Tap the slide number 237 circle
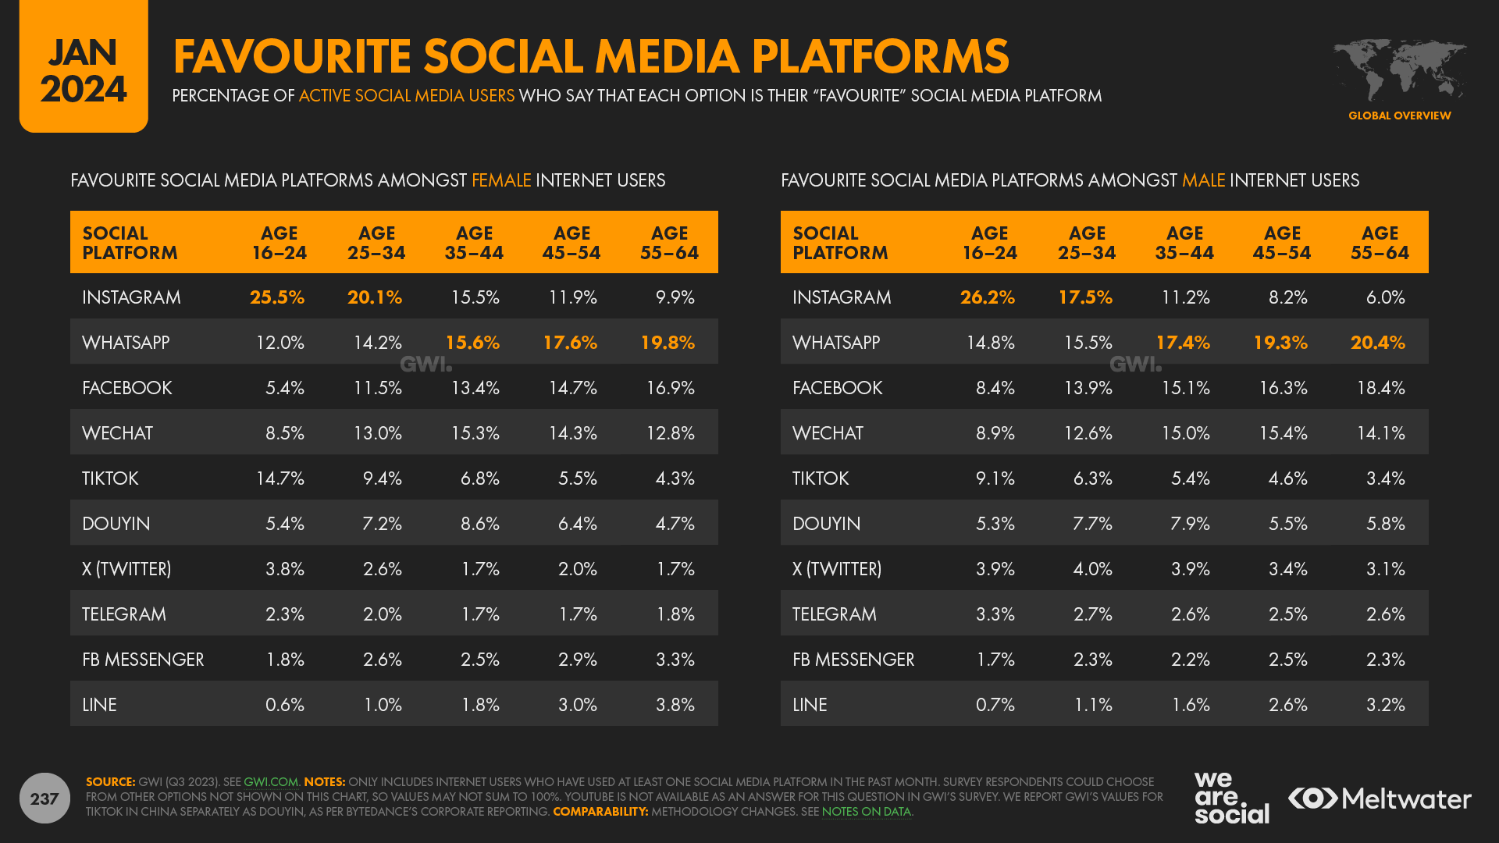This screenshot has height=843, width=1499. [x=45, y=798]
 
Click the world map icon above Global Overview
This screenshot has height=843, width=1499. [x=1399, y=69]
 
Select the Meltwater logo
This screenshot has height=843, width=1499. [x=1380, y=799]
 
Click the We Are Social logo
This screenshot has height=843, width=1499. [x=1231, y=798]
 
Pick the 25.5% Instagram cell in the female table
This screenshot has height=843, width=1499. [x=277, y=297]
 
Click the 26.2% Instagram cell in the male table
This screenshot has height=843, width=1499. [x=988, y=297]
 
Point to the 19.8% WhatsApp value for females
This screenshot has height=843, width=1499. [x=668, y=343]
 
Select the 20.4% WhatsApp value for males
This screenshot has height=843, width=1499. [x=1378, y=343]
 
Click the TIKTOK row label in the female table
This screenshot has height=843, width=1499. [x=110, y=478]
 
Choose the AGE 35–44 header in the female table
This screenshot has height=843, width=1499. [x=474, y=243]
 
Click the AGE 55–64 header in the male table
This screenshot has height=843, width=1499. [x=1380, y=243]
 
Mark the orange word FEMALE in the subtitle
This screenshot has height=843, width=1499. [x=501, y=180]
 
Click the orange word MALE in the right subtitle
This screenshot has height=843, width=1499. [x=1203, y=180]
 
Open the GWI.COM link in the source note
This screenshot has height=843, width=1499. [x=271, y=782]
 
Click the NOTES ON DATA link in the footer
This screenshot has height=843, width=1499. [x=866, y=812]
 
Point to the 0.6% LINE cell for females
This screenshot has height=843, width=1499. [x=285, y=705]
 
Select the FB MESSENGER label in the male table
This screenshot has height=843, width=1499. [x=853, y=660]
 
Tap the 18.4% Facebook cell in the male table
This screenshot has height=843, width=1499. [x=1380, y=388]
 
